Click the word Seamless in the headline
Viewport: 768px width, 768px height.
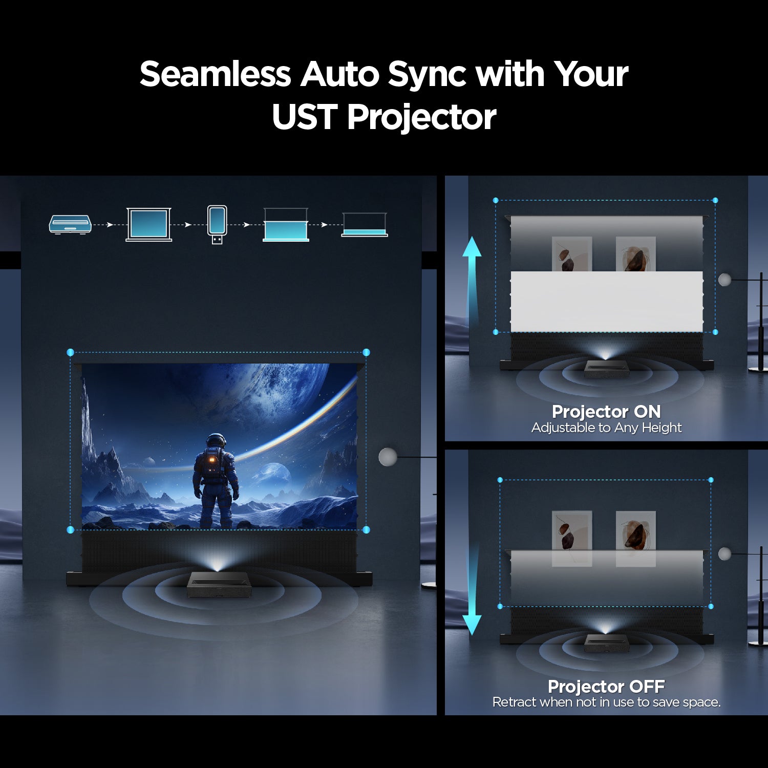click(x=215, y=74)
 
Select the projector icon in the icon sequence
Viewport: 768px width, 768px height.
click(x=70, y=225)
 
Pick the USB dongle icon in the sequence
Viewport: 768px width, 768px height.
click(x=217, y=224)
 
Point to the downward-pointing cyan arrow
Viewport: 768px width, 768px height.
click(x=472, y=589)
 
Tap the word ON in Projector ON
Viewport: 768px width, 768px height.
click(x=647, y=412)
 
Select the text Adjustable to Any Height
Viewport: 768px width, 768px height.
click(x=606, y=428)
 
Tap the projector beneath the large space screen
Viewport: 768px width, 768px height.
click(x=219, y=584)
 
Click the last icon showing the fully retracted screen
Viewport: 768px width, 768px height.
click(x=365, y=225)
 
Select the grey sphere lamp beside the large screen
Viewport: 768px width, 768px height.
click(x=388, y=457)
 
